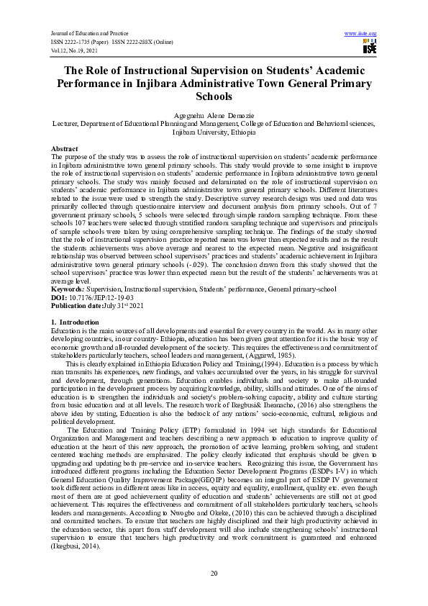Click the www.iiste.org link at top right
tap(360, 33)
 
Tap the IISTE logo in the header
tap(369, 47)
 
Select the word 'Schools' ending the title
tap(214, 96)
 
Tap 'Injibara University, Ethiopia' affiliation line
tap(214, 132)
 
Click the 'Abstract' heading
tap(65, 148)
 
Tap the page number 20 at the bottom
tap(214, 573)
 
